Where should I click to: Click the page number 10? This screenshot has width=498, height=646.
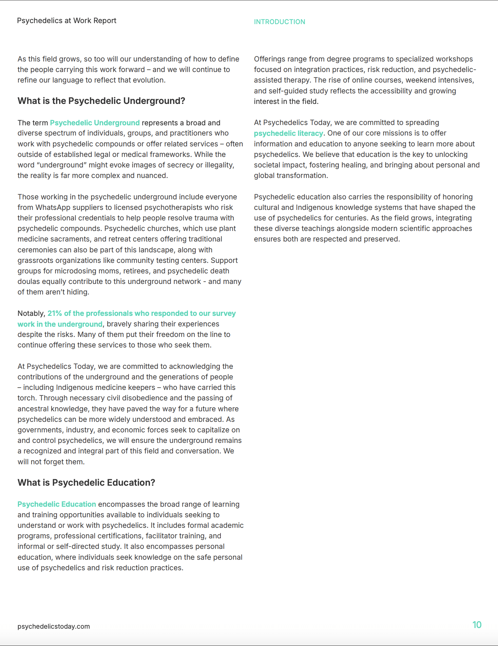(477, 625)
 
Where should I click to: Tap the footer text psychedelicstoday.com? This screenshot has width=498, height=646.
(54, 626)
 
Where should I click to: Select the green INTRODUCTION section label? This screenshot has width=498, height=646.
(280, 22)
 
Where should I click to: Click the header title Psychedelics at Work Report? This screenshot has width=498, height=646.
(66, 21)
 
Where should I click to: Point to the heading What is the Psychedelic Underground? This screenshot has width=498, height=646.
(101, 101)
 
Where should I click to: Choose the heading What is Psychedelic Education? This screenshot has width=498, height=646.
(86, 483)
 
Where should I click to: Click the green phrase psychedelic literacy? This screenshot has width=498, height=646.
(288, 133)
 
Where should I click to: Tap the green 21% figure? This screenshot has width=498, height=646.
(55, 313)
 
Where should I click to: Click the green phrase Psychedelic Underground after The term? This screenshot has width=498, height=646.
(95, 123)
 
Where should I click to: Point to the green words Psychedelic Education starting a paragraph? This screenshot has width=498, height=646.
(57, 504)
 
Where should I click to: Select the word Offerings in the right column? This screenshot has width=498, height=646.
(270, 59)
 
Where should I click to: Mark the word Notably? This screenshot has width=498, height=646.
(31, 313)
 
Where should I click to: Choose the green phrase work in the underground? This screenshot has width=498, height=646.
(60, 324)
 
